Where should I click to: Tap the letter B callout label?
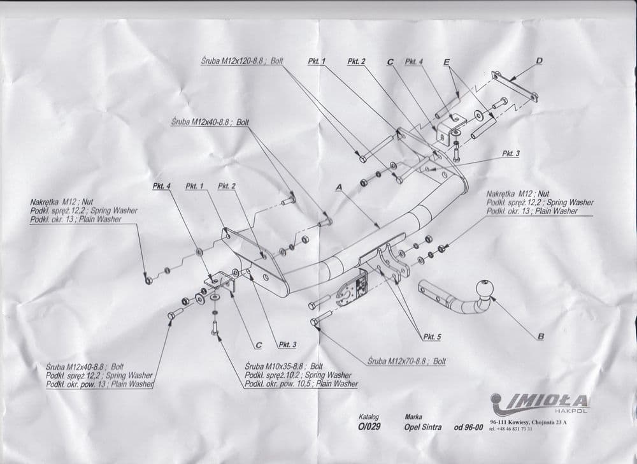pos(541,337)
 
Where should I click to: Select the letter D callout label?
pos(539,61)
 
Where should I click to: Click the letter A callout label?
pos(340,187)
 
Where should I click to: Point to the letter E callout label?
pos(447,62)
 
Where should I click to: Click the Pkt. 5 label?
pos(432,337)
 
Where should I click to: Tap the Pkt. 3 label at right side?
pos(511,154)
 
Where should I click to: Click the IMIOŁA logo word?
pos(543,401)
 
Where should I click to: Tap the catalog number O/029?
pos(369,427)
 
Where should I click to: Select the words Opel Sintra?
pos(422,427)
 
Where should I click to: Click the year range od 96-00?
pos(468,427)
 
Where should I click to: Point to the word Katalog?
pos(368,417)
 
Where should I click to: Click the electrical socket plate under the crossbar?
pos(352,289)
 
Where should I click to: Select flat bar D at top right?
pos(515,85)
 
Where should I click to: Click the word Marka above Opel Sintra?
pos(413,417)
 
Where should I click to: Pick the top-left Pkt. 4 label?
pos(161,186)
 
